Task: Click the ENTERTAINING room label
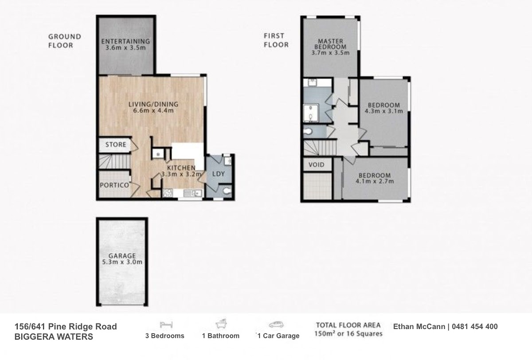click(x=125, y=41)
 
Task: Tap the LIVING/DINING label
click(x=153, y=104)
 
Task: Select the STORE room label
click(x=116, y=145)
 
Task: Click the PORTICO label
click(x=114, y=185)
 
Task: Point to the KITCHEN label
click(x=181, y=168)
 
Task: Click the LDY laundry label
click(x=219, y=174)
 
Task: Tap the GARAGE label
click(x=122, y=256)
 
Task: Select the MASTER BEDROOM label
click(x=330, y=44)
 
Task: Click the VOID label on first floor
click(x=317, y=164)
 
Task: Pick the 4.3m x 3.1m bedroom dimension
click(x=384, y=111)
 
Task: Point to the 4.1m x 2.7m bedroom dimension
click(x=375, y=181)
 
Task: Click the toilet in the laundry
click(x=227, y=191)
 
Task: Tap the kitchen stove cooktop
click(x=168, y=193)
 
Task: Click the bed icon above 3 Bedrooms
click(x=166, y=325)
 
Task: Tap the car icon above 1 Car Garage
click(x=276, y=325)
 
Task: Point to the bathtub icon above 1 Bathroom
click(x=221, y=324)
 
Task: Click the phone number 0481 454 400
click(x=475, y=326)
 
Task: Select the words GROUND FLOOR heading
click(x=65, y=41)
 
